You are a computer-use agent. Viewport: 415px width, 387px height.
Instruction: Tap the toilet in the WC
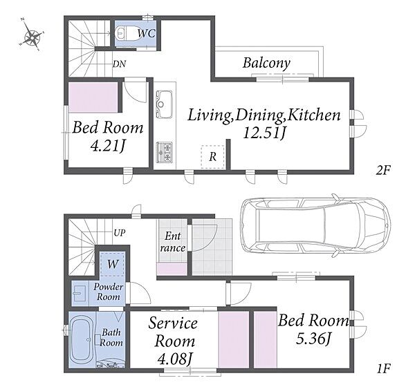click(x=126, y=33)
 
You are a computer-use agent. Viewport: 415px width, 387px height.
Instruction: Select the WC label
click(x=147, y=33)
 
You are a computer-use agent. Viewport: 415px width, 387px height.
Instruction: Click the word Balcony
click(x=266, y=64)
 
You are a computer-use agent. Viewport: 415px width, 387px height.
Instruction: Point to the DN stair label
click(x=120, y=64)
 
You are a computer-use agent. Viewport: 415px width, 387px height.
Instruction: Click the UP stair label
click(x=120, y=233)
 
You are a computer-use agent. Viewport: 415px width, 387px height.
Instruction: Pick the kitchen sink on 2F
click(x=165, y=104)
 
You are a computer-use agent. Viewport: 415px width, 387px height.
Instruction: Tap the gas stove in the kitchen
click(x=165, y=152)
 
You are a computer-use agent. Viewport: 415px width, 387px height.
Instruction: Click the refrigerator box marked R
click(x=213, y=157)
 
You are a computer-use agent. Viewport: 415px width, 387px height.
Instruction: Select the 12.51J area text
click(x=264, y=133)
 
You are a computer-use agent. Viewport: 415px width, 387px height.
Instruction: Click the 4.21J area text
click(x=107, y=146)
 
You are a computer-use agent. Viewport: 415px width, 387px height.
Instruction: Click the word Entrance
click(x=172, y=242)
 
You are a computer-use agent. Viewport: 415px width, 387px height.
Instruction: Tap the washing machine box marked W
click(x=113, y=264)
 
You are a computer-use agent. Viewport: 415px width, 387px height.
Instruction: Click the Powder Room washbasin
click(x=79, y=293)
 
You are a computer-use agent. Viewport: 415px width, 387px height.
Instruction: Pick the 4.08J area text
click(x=174, y=359)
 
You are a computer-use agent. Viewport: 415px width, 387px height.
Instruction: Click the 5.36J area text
click(x=313, y=339)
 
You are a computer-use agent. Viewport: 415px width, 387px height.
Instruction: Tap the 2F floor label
click(x=383, y=170)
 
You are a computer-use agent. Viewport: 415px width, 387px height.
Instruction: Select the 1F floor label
click(x=383, y=368)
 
